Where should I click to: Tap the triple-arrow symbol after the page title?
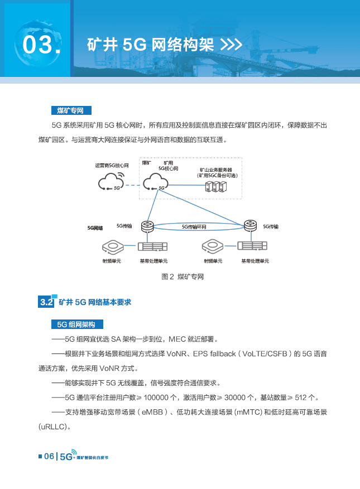(231, 45)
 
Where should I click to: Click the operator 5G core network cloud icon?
(112, 182)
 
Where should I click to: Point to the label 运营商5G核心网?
(112, 166)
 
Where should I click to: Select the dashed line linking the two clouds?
(133, 185)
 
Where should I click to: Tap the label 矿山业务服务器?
(217, 170)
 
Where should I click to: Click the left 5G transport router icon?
(147, 226)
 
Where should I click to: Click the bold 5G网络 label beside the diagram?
(95, 228)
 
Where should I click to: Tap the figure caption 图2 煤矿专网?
(183, 277)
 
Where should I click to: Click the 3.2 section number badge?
(46, 302)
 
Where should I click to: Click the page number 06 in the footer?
(49, 457)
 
